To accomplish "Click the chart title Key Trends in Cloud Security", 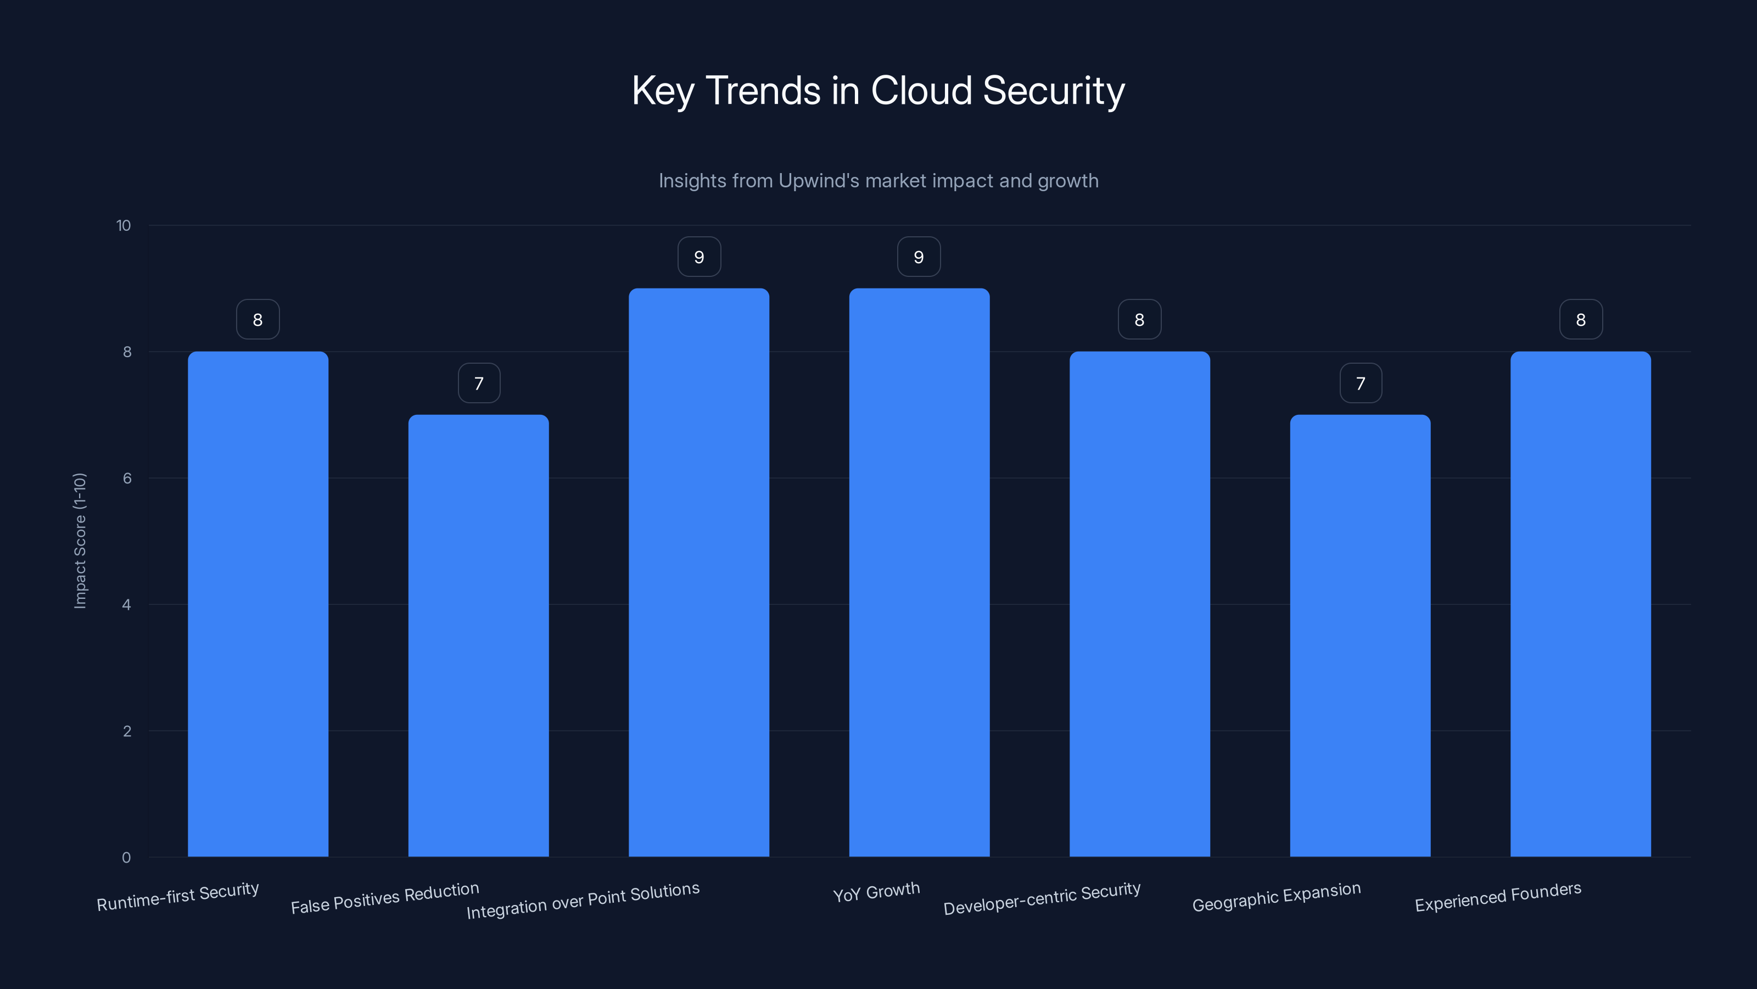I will coord(878,91).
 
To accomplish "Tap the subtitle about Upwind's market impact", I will coord(878,181).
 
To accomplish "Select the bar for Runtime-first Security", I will coord(258,604).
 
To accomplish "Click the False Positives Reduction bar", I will coord(478,635).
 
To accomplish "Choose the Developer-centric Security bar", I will coord(1139,604).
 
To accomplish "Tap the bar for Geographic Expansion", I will coord(1360,635).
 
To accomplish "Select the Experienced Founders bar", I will coord(1580,604).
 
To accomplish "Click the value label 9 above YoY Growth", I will coord(919,257).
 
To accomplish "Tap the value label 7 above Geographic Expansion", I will coord(1361,384).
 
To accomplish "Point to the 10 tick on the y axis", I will coord(124,226).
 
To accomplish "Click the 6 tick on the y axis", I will coord(127,479).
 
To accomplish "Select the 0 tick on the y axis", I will coord(126,858).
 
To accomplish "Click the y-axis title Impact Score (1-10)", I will coord(80,541).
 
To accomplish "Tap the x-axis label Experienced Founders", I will coord(1498,897).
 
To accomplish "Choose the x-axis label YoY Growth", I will coord(876,893).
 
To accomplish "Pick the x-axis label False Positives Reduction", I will coord(385,898).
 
